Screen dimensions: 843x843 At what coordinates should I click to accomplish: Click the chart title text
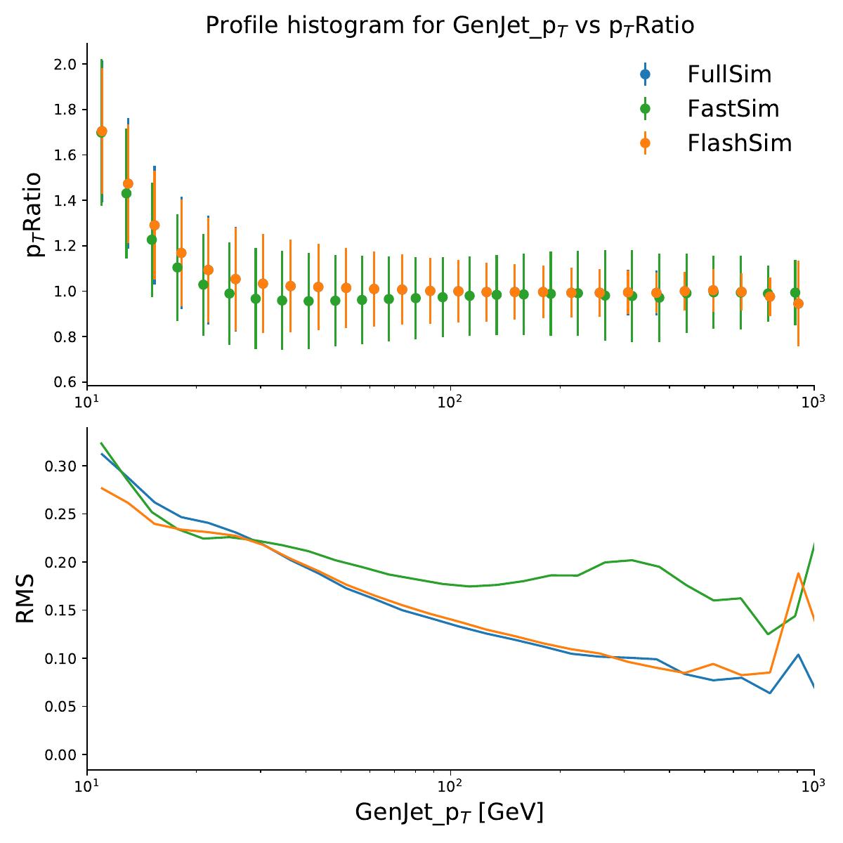pos(450,26)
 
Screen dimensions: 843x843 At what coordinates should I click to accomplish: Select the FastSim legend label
pos(733,109)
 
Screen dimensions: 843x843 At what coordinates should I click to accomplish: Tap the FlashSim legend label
pos(740,143)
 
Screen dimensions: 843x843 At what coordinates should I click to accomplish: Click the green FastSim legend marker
pos(646,109)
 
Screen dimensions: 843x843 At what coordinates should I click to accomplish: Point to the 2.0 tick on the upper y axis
pos(65,64)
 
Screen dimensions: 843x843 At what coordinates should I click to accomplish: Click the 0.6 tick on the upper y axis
pos(65,382)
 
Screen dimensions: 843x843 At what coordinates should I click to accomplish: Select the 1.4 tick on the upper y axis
pos(65,200)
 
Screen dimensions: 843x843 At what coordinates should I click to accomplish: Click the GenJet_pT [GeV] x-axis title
pos(450,813)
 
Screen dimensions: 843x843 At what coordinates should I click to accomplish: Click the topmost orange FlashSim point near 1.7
pos(102,131)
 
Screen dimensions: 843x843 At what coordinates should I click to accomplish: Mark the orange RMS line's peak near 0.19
pos(798,573)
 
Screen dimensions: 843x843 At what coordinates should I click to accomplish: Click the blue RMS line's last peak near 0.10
pos(798,654)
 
